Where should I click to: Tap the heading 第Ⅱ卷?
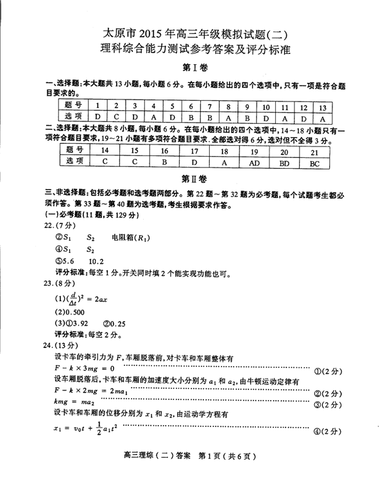point(193,178)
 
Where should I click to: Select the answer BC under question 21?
point(314,163)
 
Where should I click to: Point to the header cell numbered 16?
point(164,152)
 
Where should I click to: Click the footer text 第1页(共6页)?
point(228,457)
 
